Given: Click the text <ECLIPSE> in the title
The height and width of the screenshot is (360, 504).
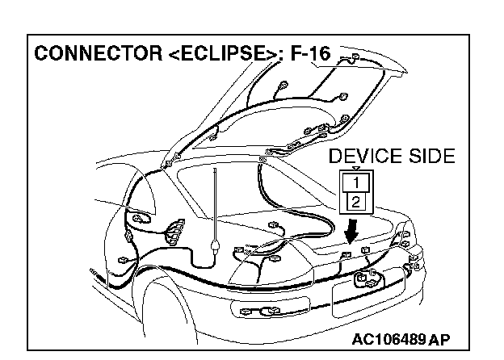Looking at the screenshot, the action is click(212, 56).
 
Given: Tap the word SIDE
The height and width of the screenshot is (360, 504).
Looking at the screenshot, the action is click(430, 155).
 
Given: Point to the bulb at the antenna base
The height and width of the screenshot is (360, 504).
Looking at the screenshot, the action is click(213, 244).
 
